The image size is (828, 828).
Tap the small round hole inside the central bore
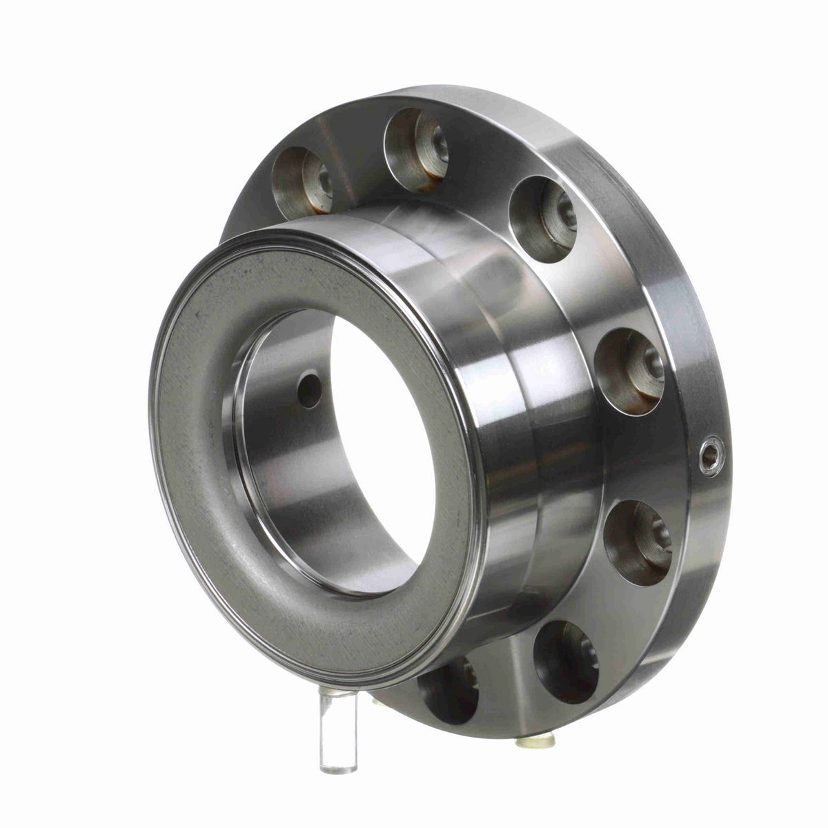click(310, 390)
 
